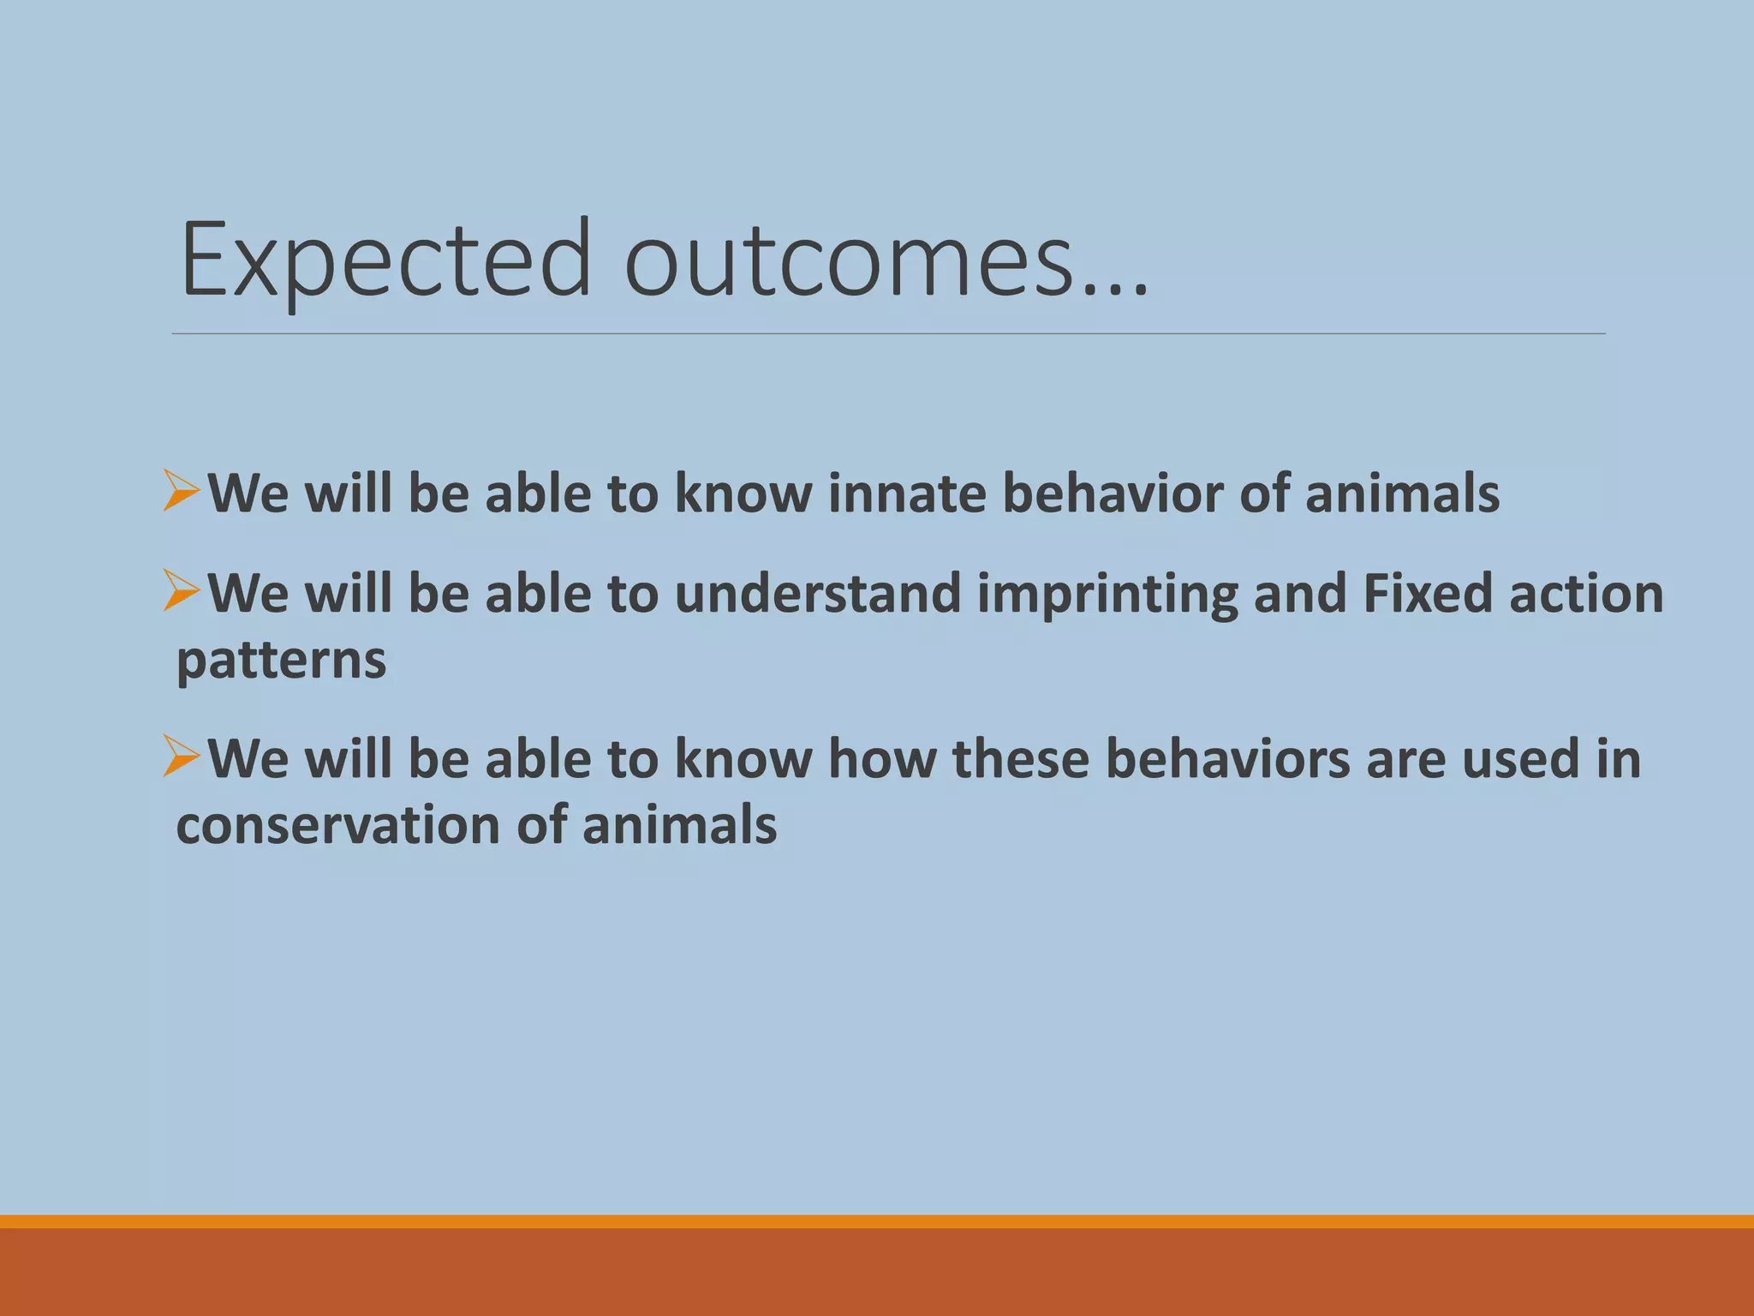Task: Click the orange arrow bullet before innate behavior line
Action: click(182, 491)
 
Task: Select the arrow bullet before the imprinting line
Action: click(182, 591)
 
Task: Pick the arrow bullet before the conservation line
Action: click(182, 757)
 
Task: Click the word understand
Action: click(818, 594)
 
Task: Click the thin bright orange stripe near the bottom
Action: click(877, 1222)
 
